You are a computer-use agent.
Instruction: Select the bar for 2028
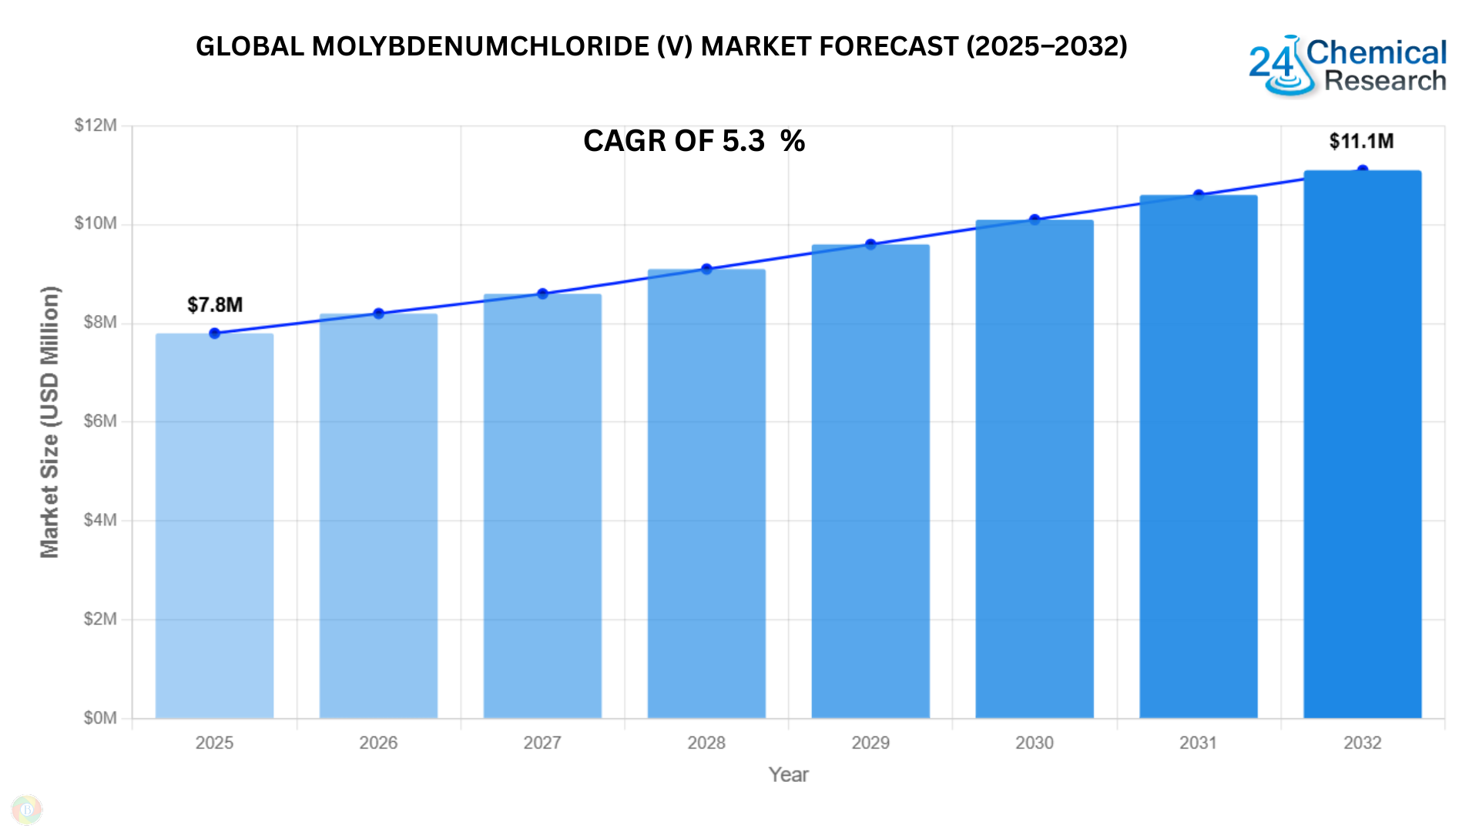coord(706,493)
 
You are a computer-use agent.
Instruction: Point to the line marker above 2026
coord(378,314)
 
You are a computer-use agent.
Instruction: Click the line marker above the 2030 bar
coord(1035,220)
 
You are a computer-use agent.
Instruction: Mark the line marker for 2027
coord(542,294)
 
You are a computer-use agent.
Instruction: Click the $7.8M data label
coord(215,305)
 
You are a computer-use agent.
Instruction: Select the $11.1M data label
coord(1361,141)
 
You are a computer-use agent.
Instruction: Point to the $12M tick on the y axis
coord(96,126)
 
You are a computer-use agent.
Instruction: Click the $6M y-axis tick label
coord(100,421)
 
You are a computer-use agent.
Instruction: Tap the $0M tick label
coord(100,718)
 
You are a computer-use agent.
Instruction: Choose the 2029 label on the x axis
coord(870,743)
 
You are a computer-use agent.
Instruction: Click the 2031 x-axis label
coord(1198,743)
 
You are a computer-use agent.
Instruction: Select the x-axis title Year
coord(788,775)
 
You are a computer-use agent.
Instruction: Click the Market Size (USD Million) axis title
coord(49,421)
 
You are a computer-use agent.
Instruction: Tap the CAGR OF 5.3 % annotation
coord(694,141)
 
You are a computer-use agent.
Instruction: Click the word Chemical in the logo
coord(1376,52)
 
